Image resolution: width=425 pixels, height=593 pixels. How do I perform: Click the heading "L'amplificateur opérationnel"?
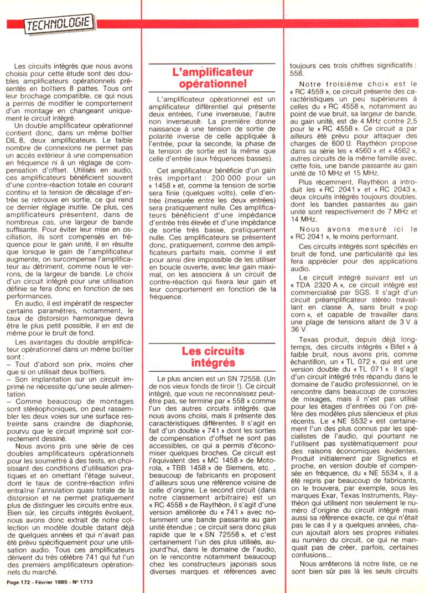[212, 78]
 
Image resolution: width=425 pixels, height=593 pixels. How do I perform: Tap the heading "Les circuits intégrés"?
[212, 357]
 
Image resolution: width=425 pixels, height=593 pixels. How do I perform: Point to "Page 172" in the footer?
[18, 582]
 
